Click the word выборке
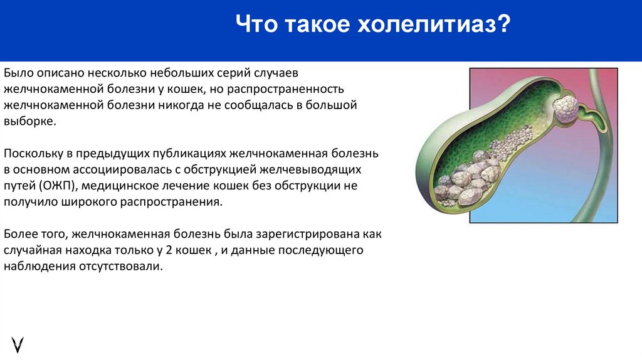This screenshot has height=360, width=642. pos(29,121)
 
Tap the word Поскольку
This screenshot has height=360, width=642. pos(31,154)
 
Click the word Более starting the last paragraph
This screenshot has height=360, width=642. pos(20,235)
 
